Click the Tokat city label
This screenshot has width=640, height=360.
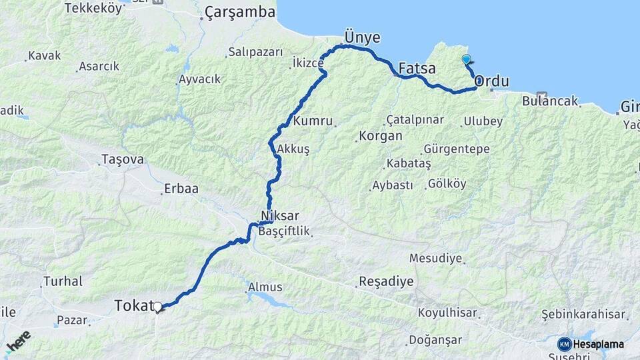[133, 305]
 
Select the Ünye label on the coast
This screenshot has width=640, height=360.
[361, 35]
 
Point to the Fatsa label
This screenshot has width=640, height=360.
[417, 68]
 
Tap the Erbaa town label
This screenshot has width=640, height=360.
[183, 189]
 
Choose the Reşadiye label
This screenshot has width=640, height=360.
[386, 281]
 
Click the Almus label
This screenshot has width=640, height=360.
[265, 287]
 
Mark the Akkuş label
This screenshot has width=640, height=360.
[293, 149]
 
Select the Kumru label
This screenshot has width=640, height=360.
[312, 122]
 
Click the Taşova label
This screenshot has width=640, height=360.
[121, 159]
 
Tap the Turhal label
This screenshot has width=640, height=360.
[63, 281]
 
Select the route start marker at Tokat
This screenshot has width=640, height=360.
[158, 307]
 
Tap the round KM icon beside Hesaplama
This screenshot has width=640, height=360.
[564, 344]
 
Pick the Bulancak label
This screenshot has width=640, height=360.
[550, 103]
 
